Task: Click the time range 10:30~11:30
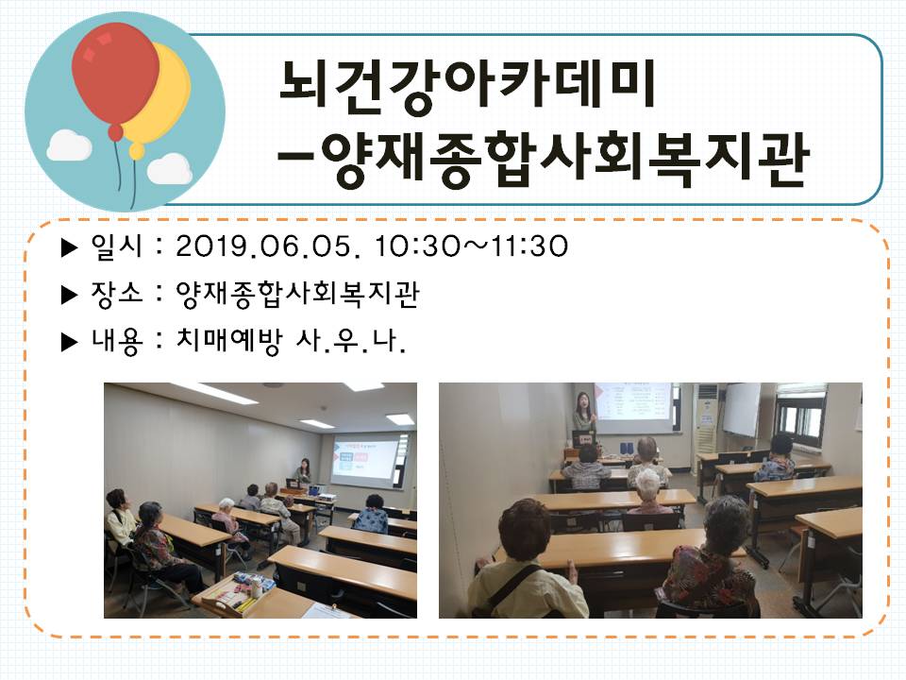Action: point(471,246)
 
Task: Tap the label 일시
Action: point(116,246)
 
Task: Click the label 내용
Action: point(116,341)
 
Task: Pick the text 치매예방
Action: point(229,341)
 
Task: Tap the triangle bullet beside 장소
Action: point(69,295)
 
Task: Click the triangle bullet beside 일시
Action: point(69,247)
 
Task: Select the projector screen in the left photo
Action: point(364,459)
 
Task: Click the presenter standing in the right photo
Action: point(584,416)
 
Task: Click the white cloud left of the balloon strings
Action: point(69,145)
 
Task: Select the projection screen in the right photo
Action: point(634,407)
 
